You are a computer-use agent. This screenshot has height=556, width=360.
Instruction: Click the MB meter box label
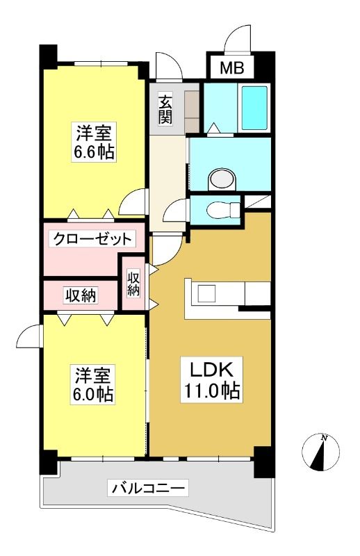click(232, 67)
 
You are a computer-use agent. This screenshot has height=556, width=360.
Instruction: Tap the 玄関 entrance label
click(165, 110)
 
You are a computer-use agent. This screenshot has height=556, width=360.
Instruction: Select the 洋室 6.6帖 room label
click(94, 142)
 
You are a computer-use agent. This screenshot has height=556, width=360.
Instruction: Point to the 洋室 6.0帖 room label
click(94, 385)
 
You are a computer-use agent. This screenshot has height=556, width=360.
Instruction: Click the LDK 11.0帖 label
click(212, 380)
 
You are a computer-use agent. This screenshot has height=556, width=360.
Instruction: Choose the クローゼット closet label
click(92, 239)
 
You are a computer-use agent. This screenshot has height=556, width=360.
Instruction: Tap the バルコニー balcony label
click(148, 489)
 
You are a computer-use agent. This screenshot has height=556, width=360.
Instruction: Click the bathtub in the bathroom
click(254, 108)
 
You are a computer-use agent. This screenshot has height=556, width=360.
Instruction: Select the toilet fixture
click(224, 210)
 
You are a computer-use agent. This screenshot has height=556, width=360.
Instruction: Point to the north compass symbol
click(320, 452)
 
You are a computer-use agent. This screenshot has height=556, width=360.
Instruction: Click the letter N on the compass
click(324, 439)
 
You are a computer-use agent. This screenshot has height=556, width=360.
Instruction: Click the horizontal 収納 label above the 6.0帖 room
click(81, 295)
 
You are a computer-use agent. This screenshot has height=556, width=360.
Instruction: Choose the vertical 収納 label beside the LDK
click(133, 284)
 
